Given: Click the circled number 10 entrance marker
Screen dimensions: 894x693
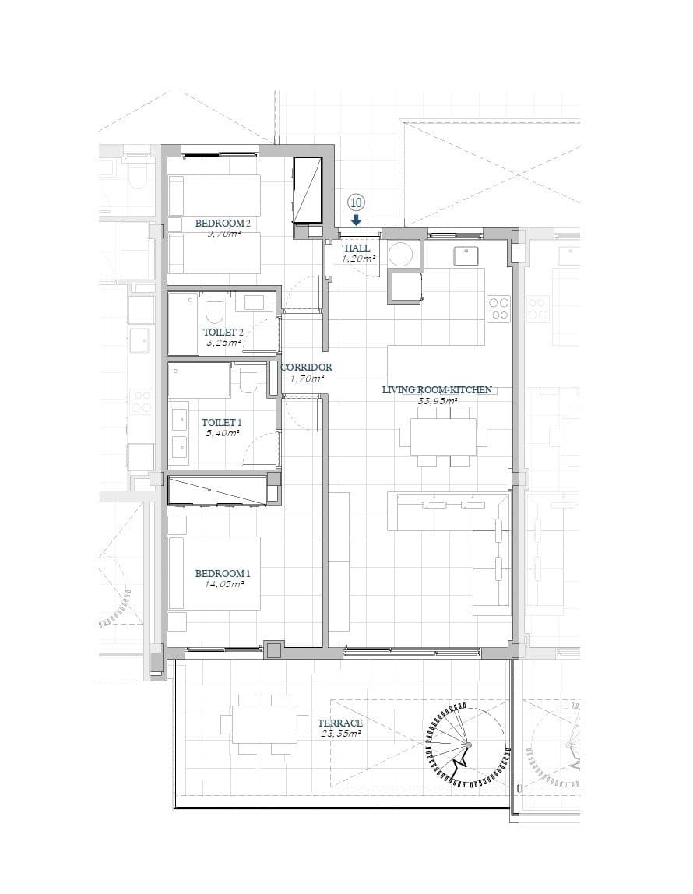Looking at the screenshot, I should point(356,202).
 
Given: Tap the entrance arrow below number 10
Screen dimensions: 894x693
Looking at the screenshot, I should point(356,220).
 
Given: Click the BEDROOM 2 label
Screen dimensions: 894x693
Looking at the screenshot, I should point(222,223).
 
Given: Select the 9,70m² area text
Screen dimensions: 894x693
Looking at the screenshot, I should point(222,233).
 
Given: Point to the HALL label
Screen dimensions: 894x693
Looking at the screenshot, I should point(357,248).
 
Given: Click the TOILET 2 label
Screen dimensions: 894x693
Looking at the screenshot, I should point(223,332).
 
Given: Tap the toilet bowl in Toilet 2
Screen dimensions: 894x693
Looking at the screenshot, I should point(214,311).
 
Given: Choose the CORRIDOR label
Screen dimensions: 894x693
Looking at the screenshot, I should point(306,368).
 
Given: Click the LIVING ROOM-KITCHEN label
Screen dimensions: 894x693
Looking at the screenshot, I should point(437,389).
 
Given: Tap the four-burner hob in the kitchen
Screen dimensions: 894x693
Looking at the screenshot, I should point(498,308).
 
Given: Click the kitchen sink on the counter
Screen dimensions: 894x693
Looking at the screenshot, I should point(466,254).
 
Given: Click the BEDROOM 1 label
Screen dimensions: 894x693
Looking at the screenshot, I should point(222,573).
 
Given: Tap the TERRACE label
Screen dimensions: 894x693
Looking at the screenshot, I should point(340,723).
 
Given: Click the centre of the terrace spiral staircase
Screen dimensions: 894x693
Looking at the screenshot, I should point(467,746).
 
